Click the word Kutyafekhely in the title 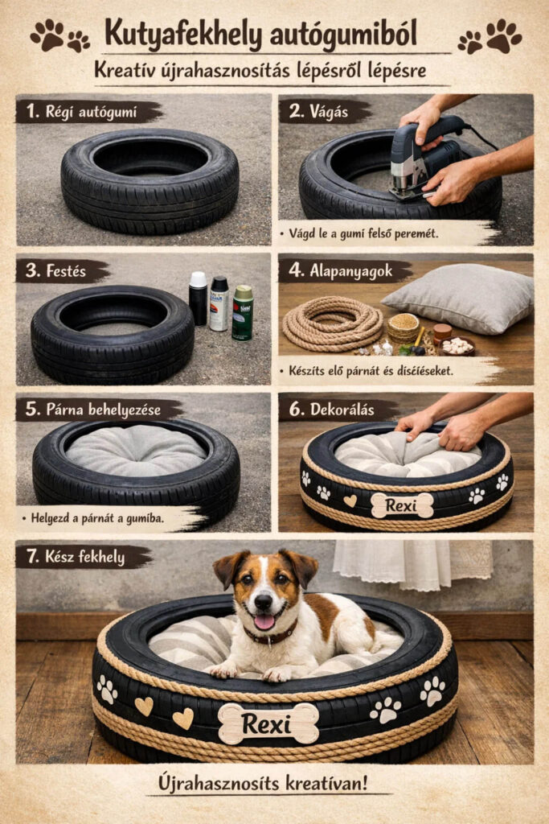[182, 35]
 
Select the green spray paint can [243, 313]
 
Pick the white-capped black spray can [198, 298]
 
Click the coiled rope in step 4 [332, 323]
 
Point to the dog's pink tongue [264, 622]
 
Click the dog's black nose [263, 601]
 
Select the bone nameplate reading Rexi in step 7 [268, 724]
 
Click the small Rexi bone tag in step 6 [402, 505]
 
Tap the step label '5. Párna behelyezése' [93, 410]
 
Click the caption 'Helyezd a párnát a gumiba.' [97, 518]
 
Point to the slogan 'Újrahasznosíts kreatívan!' [262, 783]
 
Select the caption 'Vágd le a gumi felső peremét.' [363, 233]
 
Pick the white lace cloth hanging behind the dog [412, 564]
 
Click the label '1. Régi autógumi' [81, 111]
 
